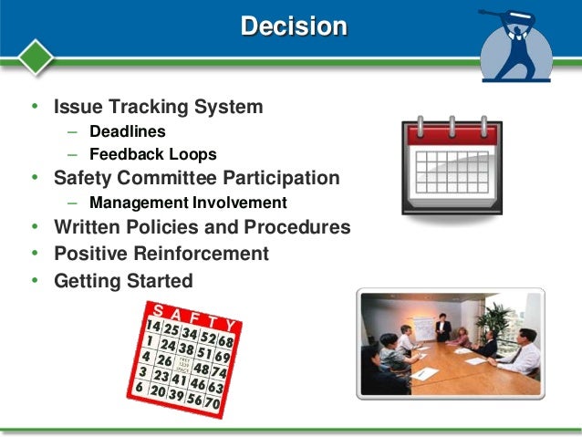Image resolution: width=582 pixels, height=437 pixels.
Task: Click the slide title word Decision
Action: [x=293, y=26]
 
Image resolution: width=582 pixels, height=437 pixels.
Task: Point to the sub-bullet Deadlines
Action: [x=127, y=131]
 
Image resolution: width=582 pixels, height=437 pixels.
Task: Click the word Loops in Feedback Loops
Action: [x=192, y=154]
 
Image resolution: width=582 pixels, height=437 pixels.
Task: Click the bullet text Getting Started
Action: [x=123, y=280]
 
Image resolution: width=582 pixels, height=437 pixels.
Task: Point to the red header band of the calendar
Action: [x=452, y=136]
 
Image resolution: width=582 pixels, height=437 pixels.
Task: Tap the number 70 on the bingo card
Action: [x=213, y=401]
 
